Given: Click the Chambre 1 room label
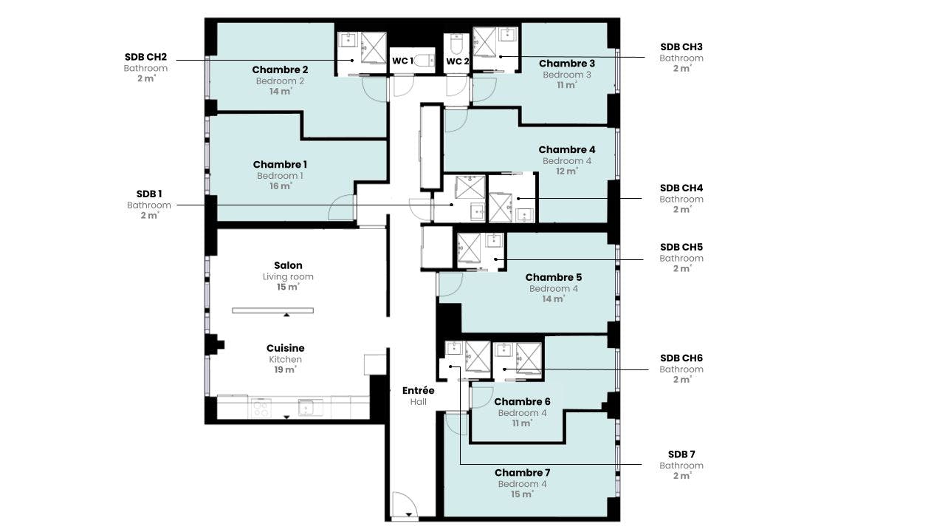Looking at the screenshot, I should [x=280, y=165].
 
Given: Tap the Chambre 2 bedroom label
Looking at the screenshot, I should [x=280, y=70].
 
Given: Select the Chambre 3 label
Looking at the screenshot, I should [x=566, y=64].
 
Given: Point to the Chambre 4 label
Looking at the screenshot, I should [x=566, y=150].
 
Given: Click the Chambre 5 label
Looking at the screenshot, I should [x=553, y=278].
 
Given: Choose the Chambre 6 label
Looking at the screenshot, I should [x=522, y=402].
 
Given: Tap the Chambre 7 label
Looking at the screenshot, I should [x=522, y=473].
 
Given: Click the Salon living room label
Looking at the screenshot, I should [x=288, y=265].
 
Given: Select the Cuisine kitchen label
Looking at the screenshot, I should [x=285, y=348].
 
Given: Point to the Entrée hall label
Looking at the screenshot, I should [x=418, y=390].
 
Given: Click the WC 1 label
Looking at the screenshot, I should [x=402, y=61].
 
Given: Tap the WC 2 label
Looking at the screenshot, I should [x=457, y=61].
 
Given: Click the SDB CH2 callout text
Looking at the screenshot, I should [x=145, y=57].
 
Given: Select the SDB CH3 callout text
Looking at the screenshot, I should [x=681, y=47].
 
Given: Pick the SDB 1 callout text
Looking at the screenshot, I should [x=148, y=194].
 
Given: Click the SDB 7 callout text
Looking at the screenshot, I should [x=681, y=454].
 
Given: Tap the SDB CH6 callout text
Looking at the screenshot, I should [x=681, y=358].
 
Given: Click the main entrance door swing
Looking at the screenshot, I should [x=405, y=505].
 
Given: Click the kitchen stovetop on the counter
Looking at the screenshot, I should [x=261, y=407].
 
